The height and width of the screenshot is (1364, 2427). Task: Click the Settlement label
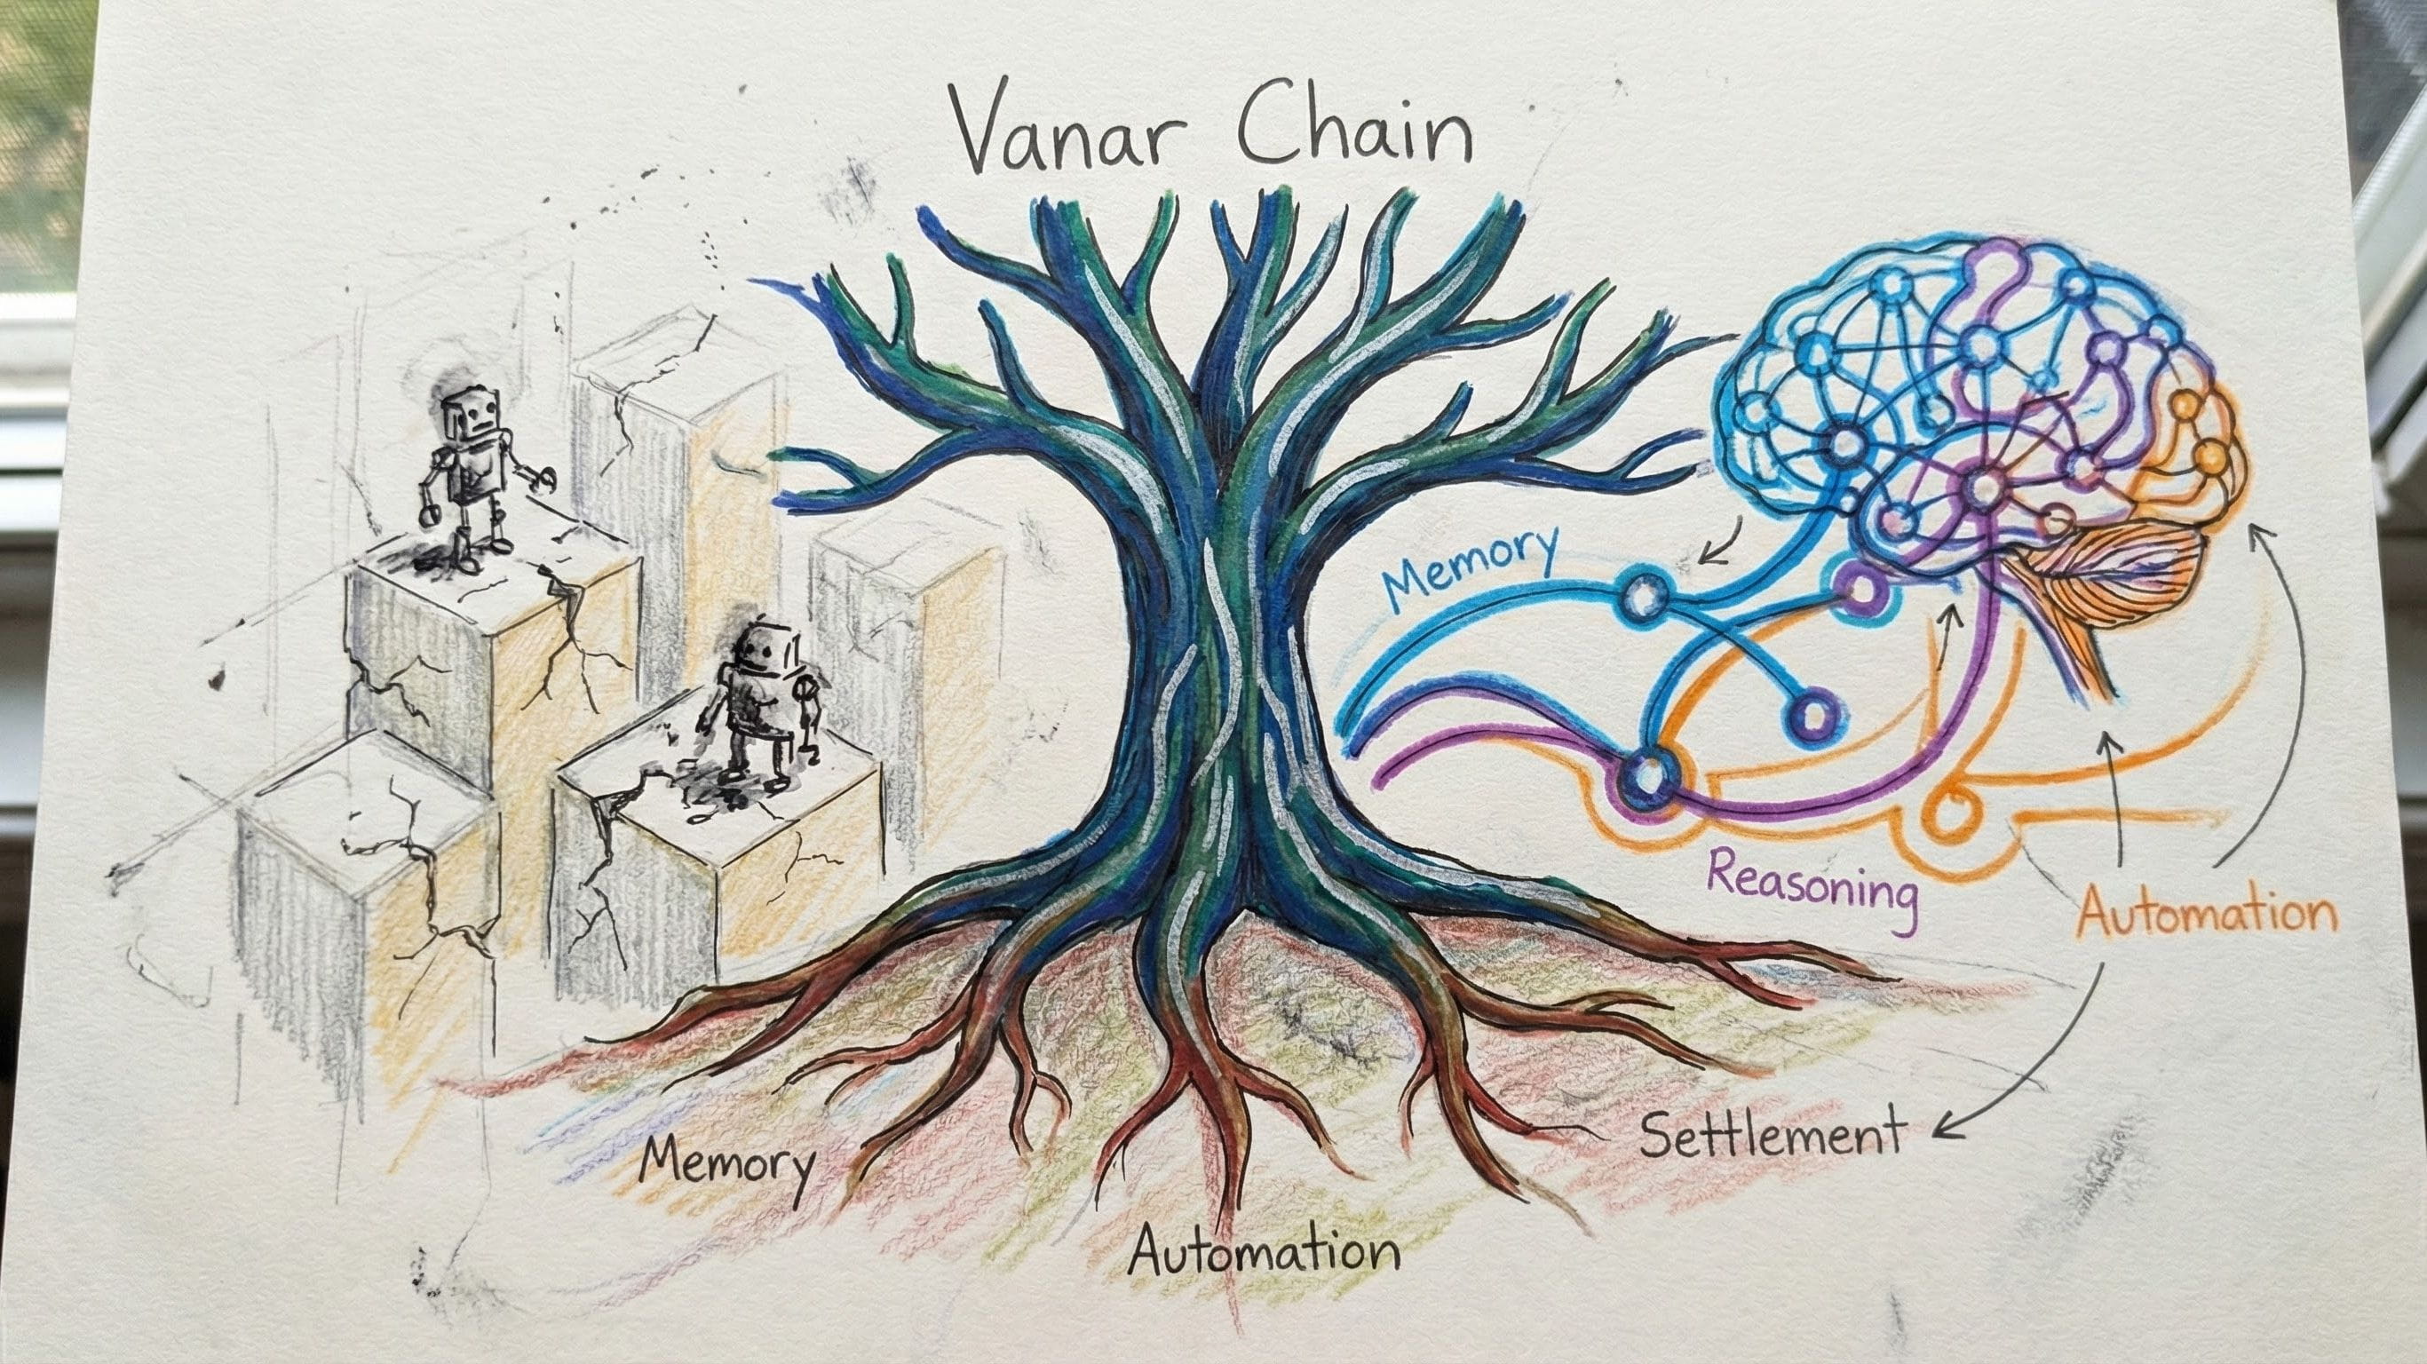(x=1772, y=1136)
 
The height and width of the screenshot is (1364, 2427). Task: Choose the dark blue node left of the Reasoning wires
(x=1649, y=776)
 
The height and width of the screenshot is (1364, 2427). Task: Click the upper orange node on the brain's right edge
(x=2183, y=408)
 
